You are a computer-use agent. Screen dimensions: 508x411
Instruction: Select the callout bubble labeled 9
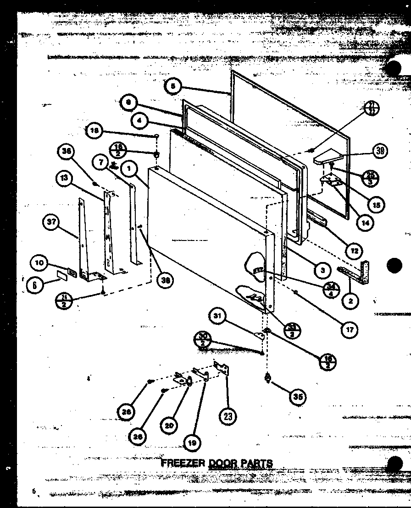(129, 103)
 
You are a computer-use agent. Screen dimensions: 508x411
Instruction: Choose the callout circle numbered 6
(34, 284)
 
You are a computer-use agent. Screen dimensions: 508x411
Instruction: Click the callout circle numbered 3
(323, 270)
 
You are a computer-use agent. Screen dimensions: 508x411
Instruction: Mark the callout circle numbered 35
(299, 397)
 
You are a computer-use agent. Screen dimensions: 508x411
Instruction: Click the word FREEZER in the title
(183, 463)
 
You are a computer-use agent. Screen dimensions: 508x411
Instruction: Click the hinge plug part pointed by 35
(267, 378)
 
